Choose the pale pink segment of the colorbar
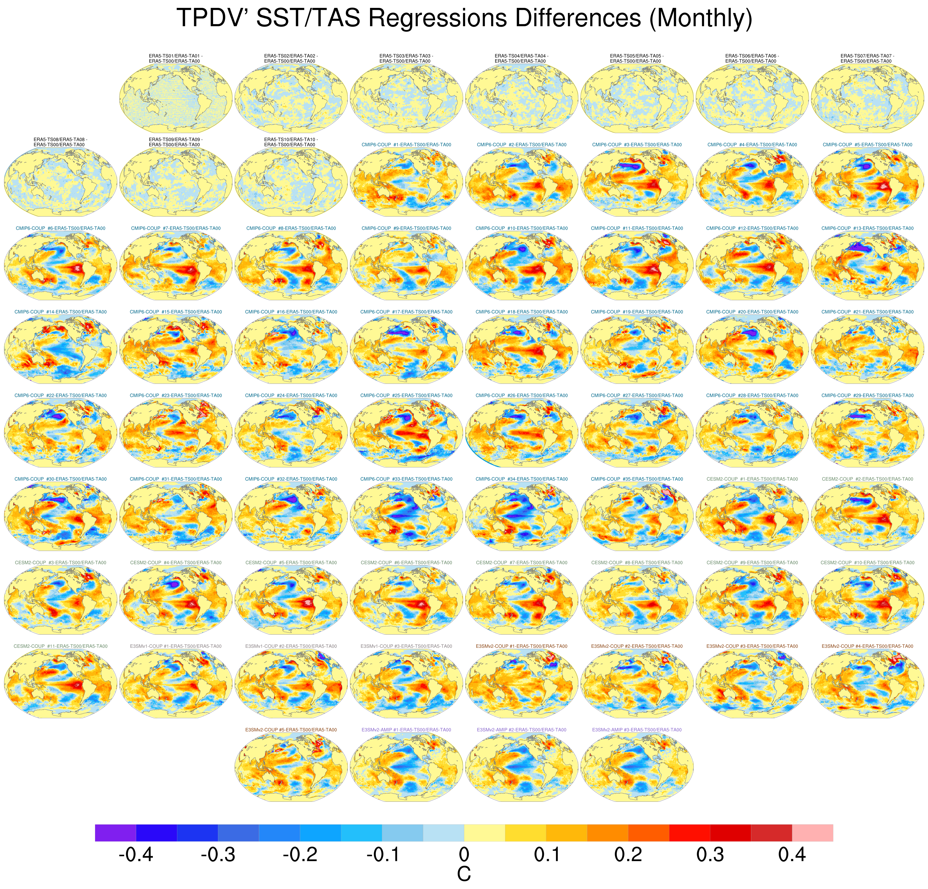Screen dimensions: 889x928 click(x=813, y=833)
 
